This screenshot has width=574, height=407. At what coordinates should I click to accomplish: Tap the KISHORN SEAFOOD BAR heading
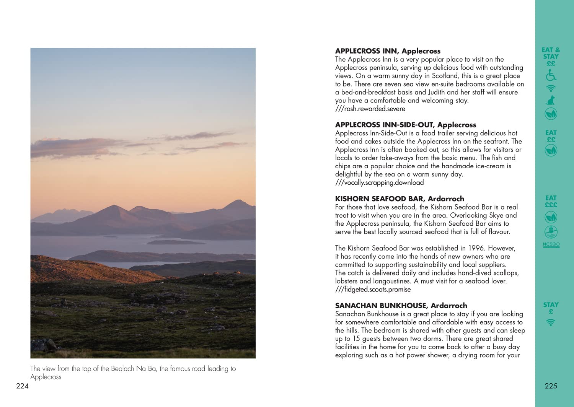click(x=399, y=199)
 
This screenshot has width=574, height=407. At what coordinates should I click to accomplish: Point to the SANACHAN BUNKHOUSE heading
click(x=401, y=305)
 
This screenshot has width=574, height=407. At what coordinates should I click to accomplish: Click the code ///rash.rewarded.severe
click(x=370, y=109)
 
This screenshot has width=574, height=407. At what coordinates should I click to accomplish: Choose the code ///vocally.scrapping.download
click(x=379, y=182)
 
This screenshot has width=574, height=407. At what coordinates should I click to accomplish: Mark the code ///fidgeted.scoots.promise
click(x=373, y=289)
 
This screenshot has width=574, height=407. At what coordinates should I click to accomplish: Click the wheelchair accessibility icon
click(x=551, y=75)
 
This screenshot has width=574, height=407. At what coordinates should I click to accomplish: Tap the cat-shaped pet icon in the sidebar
click(x=551, y=101)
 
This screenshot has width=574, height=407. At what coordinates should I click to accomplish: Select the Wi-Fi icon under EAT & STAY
click(x=551, y=88)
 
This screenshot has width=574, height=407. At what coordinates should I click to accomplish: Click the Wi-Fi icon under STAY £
click(x=551, y=323)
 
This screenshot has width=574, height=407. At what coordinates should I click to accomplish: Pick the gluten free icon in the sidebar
click(x=551, y=231)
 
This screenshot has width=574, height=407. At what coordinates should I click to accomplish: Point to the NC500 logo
click(x=551, y=244)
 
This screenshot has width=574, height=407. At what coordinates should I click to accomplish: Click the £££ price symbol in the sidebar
click(x=551, y=205)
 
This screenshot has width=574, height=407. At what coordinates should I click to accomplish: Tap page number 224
click(x=22, y=386)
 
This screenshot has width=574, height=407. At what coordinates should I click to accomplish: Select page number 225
click(x=551, y=386)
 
